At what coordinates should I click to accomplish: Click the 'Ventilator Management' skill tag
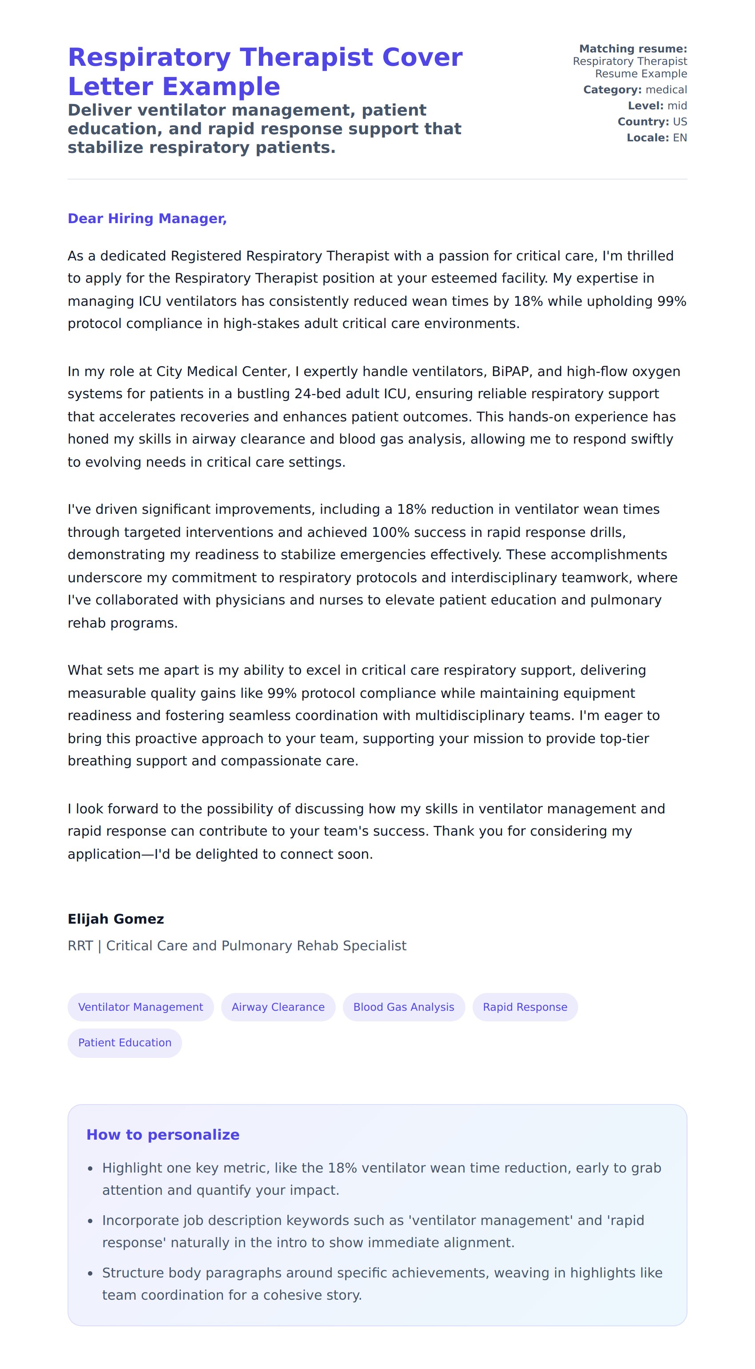[140, 1007]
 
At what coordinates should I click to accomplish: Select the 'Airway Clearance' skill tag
[278, 1007]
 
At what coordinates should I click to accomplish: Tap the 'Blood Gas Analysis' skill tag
[404, 1007]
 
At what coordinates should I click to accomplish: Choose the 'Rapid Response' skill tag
[525, 1007]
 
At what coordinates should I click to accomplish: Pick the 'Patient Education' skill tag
[124, 1042]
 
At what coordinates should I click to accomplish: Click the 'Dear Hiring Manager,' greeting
[147, 218]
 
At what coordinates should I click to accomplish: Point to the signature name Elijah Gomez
[116, 919]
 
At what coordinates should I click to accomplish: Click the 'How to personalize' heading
[163, 1134]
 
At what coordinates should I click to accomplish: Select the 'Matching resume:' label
[633, 49]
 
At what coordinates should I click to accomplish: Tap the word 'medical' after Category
[666, 90]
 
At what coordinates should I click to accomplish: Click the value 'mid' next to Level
[677, 106]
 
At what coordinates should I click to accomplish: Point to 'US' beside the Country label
[679, 122]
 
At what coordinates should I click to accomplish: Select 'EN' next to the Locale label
[679, 138]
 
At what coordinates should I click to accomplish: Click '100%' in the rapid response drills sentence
[390, 532]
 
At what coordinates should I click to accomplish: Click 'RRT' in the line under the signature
[80, 945]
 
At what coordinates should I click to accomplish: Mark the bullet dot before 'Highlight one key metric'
[90, 1168]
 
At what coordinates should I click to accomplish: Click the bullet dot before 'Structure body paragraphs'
[90, 1273]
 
